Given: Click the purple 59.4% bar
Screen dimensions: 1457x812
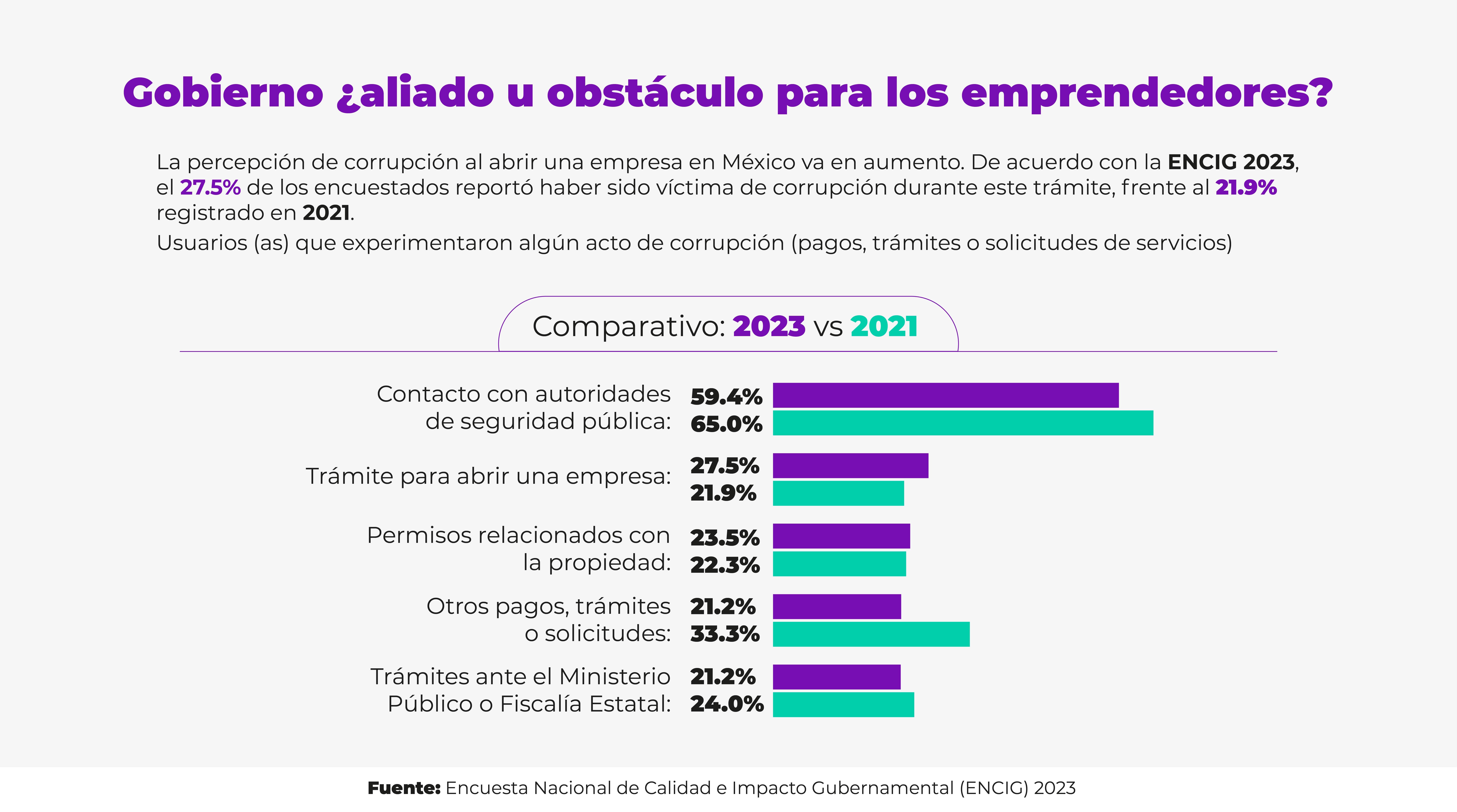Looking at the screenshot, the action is click(946, 395).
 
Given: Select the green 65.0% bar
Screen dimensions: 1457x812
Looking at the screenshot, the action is click(963, 423).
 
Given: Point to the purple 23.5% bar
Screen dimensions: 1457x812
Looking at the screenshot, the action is click(842, 536).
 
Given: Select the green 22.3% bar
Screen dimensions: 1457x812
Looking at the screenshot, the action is click(839, 564).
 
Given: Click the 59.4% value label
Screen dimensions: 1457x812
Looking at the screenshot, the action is click(726, 397).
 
